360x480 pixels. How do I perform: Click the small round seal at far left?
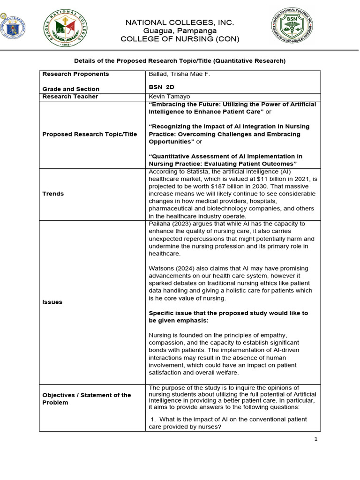click(13, 28)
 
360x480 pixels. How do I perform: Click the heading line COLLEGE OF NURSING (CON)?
click(180, 39)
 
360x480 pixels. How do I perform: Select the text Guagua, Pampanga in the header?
click(180, 31)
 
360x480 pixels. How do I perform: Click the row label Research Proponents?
click(75, 74)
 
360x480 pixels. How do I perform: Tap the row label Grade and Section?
click(71, 89)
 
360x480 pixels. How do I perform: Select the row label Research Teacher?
click(70, 97)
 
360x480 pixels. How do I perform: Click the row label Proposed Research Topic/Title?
click(90, 134)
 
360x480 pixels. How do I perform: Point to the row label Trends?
click(53, 194)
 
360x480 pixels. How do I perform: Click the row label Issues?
click(52, 302)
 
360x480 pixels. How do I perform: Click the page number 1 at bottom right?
click(316, 439)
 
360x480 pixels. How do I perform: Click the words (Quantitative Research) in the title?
click(250, 61)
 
